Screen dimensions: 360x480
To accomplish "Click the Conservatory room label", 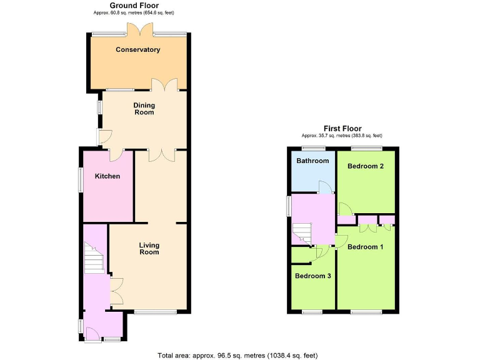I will pyautogui.click(x=137, y=49).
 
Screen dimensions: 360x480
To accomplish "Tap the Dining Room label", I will pyautogui.click(x=144, y=109).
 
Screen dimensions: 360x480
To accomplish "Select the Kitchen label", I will pyautogui.click(x=107, y=176).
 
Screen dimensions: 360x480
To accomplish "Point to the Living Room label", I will pyautogui.click(x=149, y=249).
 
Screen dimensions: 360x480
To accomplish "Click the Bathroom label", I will pyautogui.click(x=312, y=161).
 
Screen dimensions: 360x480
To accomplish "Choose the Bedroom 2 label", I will pyautogui.click(x=366, y=166).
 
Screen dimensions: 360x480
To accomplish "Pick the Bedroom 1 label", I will pyautogui.click(x=366, y=247).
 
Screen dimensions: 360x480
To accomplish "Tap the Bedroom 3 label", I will pyautogui.click(x=313, y=276).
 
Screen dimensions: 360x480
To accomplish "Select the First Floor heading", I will pyautogui.click(x=342, y=128).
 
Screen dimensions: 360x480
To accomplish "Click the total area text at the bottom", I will pyautogui.click(x=238, y=354).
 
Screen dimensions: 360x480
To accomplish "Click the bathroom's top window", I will pyautogui.click(x=312, y=148).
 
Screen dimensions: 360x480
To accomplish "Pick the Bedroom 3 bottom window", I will pyautogui.click(x=312, y=311).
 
